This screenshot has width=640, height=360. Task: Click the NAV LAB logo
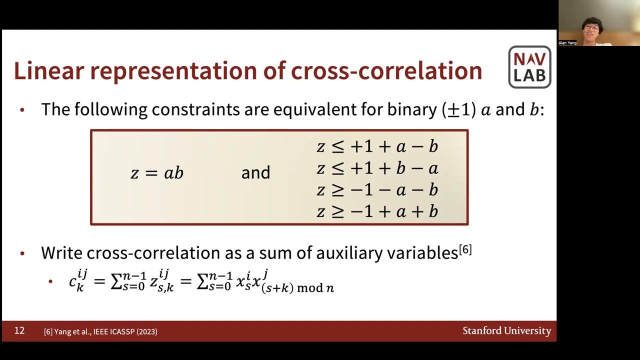529,67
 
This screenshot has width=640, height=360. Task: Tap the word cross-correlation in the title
386,71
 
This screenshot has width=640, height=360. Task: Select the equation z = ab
157,173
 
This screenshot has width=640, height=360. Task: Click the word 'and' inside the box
255,173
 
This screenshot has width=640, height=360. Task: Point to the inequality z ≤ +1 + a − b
377,146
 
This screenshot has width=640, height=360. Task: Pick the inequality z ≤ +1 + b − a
377,168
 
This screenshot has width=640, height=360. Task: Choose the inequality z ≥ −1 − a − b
377,190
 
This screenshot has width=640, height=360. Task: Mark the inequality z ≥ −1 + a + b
377,212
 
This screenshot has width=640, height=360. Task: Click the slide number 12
19,330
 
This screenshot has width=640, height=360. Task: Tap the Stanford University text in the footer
506,330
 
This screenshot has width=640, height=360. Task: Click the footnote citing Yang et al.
100,331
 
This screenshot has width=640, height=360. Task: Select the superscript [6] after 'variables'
465,249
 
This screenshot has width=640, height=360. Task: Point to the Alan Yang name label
567,43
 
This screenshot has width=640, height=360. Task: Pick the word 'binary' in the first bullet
412,109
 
